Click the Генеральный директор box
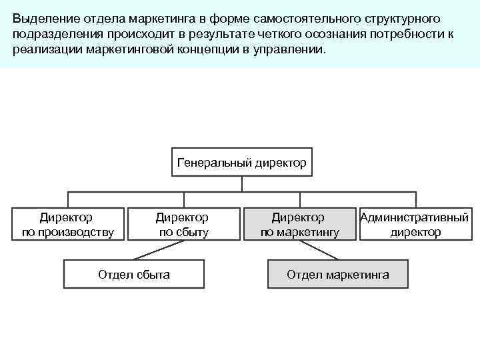click(x=241, y=162)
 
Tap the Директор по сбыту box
click(x=181, y=225)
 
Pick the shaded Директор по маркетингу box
click(x=299, y=225)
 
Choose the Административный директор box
click(x=415, y=225)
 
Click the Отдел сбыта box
click(x=133, y=274)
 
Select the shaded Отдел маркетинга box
click(x=337, y=274)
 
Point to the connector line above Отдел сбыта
click(x=157, y=249)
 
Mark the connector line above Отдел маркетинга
click(x=318, y=249)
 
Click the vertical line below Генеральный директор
click(x=241, y=184)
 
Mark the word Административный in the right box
click(x=415, y=217)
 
